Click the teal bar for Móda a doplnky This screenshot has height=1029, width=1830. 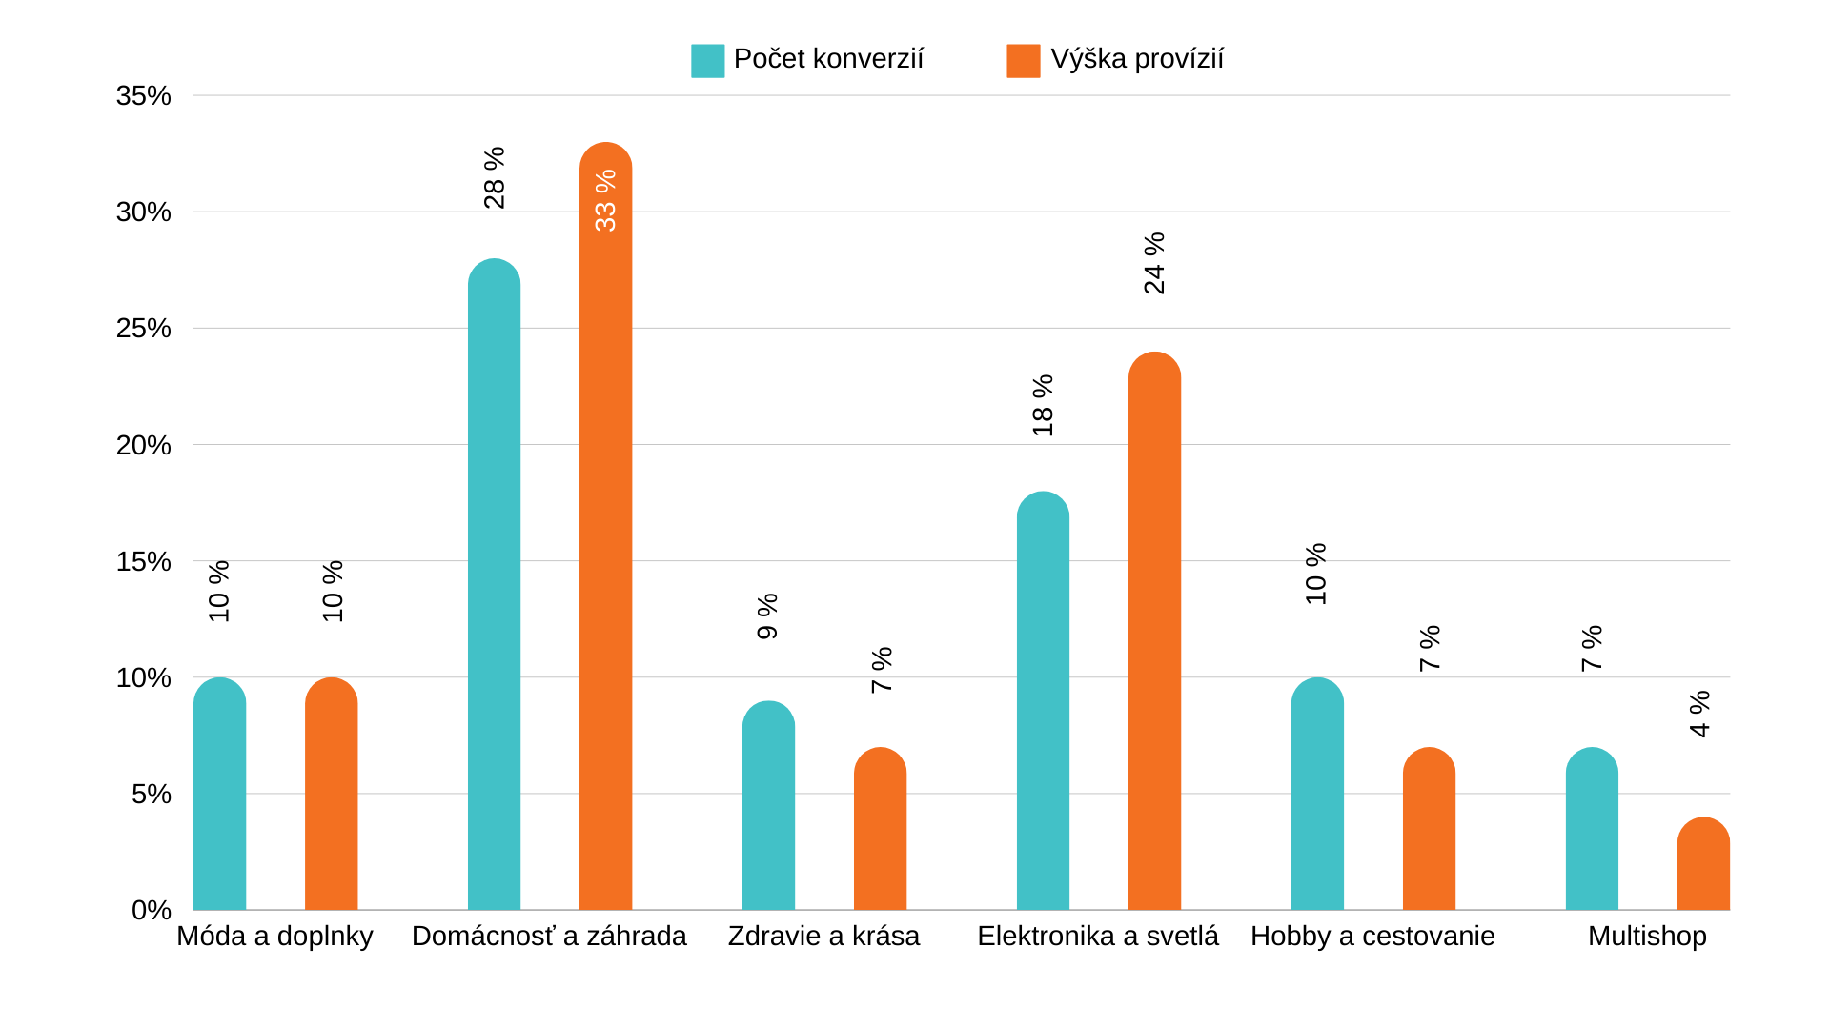coord(219,796)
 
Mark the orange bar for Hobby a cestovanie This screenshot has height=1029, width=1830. coord(1429,829)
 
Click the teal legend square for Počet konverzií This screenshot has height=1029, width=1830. coord(707,60)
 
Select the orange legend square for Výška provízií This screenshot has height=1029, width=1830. coord(1023,60)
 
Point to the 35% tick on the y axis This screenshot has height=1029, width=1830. coord(144,95)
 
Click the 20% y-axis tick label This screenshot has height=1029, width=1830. coord(144,445)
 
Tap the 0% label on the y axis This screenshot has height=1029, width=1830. coord(152,910)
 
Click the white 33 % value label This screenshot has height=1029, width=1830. coord(605,200)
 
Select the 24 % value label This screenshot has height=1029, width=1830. coord(1154,263)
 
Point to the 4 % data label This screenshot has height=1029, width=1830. coord(1700,714)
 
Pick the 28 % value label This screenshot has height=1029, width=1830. coord(495,177)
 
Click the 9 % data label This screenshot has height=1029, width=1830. coord(768,616)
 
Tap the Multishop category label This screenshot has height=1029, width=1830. coord(1647,936)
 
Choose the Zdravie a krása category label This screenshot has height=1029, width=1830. coord(823,936)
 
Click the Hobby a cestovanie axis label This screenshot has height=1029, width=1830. coord(1372,936)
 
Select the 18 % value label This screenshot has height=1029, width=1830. coord(1044,405)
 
